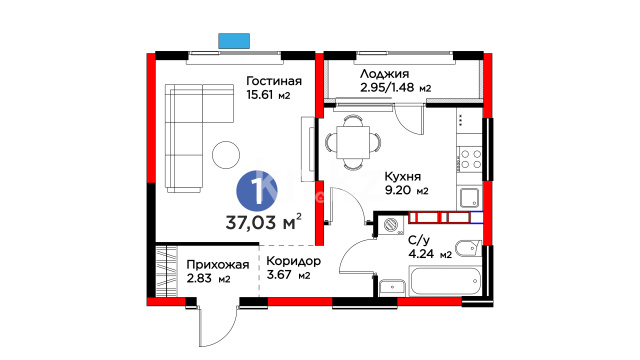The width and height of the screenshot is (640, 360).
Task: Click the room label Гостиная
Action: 274,81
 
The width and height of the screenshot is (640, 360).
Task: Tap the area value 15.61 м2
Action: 268,95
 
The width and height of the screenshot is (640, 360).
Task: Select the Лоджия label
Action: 384,74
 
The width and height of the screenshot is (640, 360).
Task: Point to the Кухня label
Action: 402,177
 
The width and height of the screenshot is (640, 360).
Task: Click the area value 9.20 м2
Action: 407,190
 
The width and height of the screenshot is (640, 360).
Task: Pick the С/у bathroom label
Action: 419,241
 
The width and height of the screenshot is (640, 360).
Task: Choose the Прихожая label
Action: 218,265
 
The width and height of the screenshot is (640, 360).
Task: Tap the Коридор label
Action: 293,261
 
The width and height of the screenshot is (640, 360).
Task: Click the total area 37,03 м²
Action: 264,222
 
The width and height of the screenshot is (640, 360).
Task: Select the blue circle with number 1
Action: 257,191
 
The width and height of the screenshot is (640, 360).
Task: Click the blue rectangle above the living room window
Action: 234,41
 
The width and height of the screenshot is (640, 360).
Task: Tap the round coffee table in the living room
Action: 226,155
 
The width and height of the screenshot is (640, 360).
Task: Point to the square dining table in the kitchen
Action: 353,142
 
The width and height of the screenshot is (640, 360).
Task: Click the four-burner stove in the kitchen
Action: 470,159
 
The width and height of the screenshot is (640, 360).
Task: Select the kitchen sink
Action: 470,198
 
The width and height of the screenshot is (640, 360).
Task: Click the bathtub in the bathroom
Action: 445,280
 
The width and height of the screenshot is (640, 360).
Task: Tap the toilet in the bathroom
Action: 468,249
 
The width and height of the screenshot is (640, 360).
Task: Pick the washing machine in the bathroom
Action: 392,225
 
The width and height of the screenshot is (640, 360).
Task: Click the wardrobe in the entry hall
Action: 167,271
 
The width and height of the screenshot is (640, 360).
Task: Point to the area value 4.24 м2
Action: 430,254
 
